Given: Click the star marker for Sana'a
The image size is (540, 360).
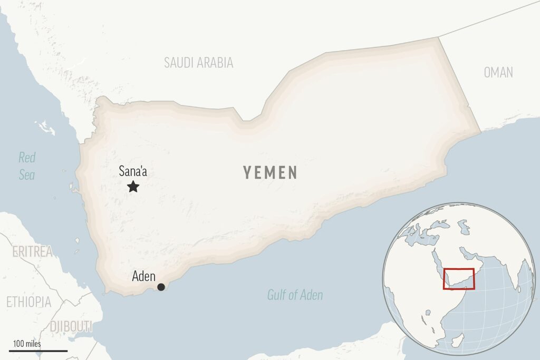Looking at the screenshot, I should [133, 186].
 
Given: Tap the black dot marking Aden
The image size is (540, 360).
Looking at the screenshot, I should [161, 287].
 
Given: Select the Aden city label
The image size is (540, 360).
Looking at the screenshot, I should [143, 276].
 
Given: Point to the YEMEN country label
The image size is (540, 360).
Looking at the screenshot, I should [270, 172].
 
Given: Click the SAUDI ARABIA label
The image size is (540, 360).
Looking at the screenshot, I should [198, 63].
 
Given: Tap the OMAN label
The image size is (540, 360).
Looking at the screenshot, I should [498, 73].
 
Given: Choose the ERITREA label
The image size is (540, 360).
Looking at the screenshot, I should [32, 251].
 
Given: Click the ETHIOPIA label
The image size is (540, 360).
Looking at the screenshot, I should [28, 302].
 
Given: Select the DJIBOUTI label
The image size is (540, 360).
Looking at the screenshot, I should [71, 326].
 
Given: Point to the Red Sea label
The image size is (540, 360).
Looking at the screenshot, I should [27, 166].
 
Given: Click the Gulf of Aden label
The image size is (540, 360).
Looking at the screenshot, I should [295, 295].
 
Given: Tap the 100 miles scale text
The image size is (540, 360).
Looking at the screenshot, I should [27, 344].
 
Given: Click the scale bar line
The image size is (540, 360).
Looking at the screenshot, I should [38, 351].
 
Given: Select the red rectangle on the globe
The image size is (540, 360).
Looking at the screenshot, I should [459, 279].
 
